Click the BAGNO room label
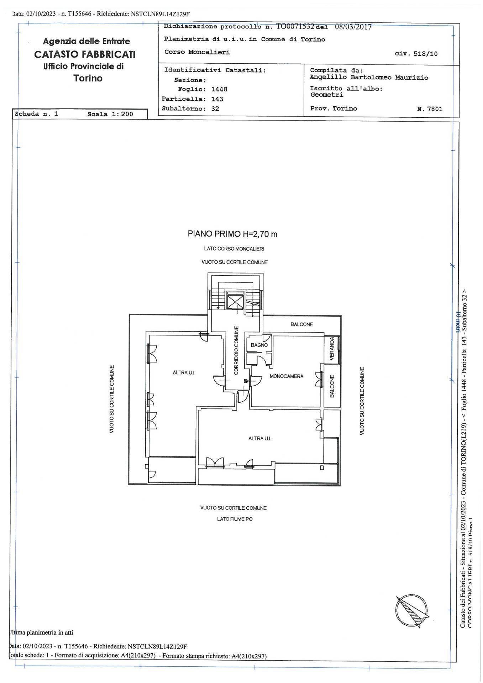tap(259, 345)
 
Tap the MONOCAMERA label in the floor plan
tap(286, 376)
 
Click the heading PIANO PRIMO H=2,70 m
tap(232, 234)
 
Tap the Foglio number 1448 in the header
tap(219, 89)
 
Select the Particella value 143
tap(217, 99)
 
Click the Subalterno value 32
tap(215, 109)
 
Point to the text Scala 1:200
tap(110, 114)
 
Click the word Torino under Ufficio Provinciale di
tap(88, 78)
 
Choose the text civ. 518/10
tap(416, 54)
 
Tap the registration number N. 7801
tap(430, 109)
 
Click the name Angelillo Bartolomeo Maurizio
tap(369, 78)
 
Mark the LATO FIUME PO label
tap(235, 519)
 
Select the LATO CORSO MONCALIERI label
tap(234, 249)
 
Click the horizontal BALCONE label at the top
tap(301, 324)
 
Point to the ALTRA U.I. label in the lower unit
tap(259, 439)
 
